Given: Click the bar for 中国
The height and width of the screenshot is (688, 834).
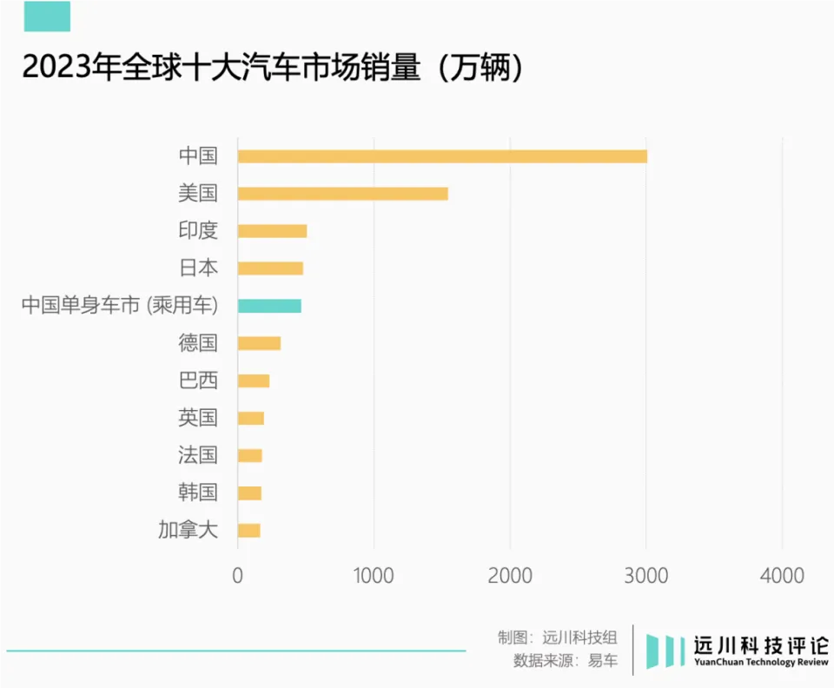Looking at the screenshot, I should [x=442, y=156].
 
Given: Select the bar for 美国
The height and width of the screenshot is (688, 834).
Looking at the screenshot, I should [x=342, y=194].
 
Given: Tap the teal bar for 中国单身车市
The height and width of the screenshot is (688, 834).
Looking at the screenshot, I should [x=269, y=306].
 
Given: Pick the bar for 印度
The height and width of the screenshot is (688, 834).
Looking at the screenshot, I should [x=272, y=231].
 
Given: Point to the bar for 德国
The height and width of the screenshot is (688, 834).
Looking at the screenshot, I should [x=259, y=343].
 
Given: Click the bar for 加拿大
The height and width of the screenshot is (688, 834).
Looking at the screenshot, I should [x=248, y=531].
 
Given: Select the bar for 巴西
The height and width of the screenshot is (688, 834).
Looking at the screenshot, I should [x=254, y=380].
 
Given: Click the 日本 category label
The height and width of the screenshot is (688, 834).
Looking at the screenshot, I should [x=197, y=268].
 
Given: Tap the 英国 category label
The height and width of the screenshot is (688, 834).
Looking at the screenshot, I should [x=197, y=418].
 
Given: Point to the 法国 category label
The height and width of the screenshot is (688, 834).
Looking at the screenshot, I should [x=197, y=455].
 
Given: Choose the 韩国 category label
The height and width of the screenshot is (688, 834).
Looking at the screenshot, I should [x=197, y=493].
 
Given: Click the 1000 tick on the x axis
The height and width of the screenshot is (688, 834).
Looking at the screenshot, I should [x=374, y=575].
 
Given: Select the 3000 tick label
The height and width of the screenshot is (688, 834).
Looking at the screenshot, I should [x=645, y=575].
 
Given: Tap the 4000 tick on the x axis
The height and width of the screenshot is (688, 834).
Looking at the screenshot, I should [x=782, y=575].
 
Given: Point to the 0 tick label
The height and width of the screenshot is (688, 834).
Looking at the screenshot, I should [x=237, y=575].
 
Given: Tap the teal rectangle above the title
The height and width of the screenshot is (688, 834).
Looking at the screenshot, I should [x=47, y=17].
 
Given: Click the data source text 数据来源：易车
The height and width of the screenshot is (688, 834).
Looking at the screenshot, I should [x=566, y=660].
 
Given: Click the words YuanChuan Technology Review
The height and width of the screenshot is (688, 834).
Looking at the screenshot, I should [x=760, y=663].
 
